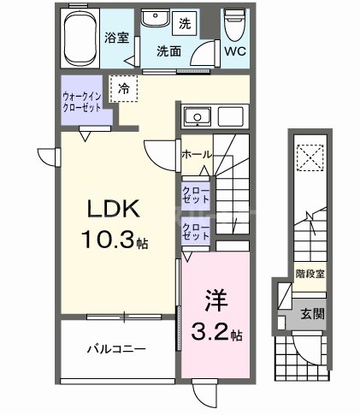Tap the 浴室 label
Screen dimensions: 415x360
116,39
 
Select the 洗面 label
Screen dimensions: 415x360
168,50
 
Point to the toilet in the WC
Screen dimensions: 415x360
233,24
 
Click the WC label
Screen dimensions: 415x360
235,50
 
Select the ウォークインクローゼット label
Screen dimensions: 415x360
83,103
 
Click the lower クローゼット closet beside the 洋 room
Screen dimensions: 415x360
195,231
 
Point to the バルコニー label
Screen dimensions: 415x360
116,348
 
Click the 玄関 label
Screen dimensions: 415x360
311,314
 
